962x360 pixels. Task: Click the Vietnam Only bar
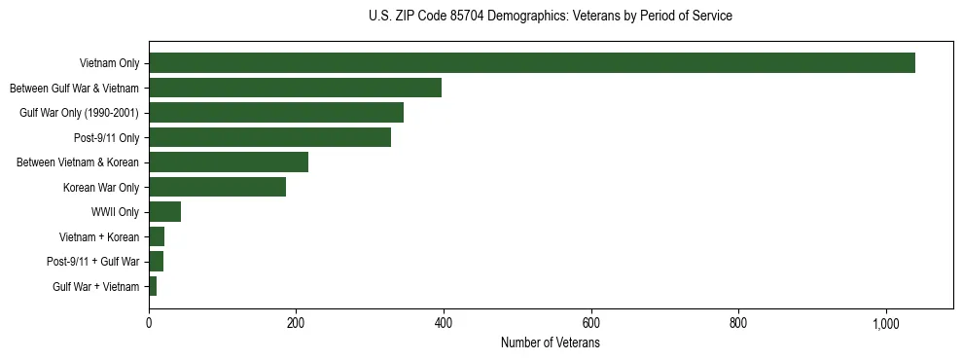[x=531, y=63]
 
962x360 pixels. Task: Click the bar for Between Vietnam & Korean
[x=229, y=162]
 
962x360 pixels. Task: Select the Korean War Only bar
[x=217, y=187]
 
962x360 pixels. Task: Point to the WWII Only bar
[x=164, y=212]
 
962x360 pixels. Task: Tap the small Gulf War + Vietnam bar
[x=153, y=286]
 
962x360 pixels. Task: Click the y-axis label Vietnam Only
[x=109, y=64]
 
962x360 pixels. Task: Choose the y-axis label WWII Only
[x=115, y=212]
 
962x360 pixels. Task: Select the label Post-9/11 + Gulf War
[x=93, y=262]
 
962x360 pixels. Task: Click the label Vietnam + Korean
[x=99, y=237]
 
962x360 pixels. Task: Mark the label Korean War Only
[x=101, y=188]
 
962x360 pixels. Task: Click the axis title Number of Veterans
[x=550, y=343]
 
